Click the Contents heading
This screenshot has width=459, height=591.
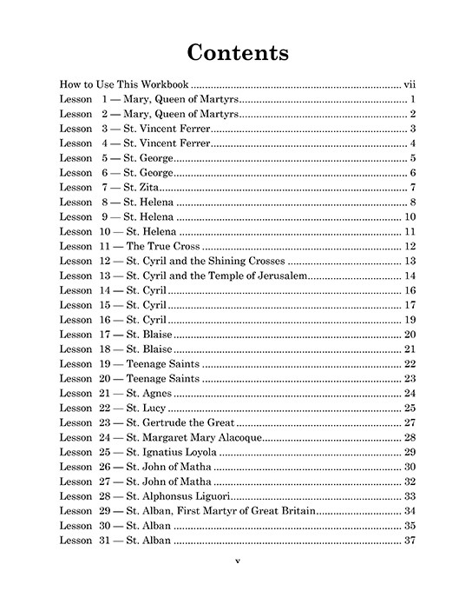pyautogui.click(x=238, y=51)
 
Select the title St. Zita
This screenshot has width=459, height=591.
pyautogui.click(x=141, y=188)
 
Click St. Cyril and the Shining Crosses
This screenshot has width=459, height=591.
pyautogui.click(x=205, y=262)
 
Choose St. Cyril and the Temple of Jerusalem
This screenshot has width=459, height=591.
pyautogui.click(x=216, y=276)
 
